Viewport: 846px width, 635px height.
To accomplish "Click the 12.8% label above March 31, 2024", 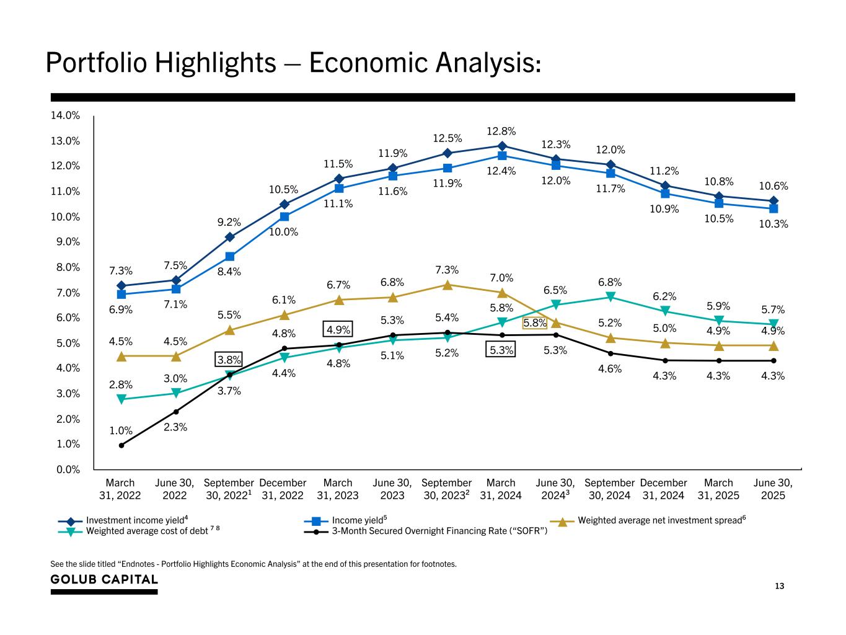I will click(501, 131).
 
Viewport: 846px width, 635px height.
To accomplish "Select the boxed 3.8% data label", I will click(229, 360).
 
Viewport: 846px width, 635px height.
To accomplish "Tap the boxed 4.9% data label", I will click(338, 329).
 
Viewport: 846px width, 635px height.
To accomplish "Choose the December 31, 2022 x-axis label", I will click(283, 489).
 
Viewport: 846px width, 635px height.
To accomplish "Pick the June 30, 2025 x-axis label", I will click(772, 489).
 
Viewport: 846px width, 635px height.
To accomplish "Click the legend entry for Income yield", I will click(358, 520).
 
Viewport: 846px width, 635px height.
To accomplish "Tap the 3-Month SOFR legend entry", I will click(439, 531).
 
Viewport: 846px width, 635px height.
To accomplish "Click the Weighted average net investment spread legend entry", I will click(659, 520).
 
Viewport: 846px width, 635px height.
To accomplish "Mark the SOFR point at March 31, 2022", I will click(121, 445).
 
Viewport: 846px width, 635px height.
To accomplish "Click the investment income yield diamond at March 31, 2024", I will click(501, 146).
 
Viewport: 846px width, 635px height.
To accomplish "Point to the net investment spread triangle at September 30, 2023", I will click(447, 285).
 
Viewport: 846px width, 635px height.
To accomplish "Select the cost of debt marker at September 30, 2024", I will click(610, 297).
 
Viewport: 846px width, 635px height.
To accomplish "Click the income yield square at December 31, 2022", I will click(284, 216).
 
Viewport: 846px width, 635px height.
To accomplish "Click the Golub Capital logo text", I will click(104, 579).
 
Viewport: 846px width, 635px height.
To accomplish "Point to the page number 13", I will click(780, 586).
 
